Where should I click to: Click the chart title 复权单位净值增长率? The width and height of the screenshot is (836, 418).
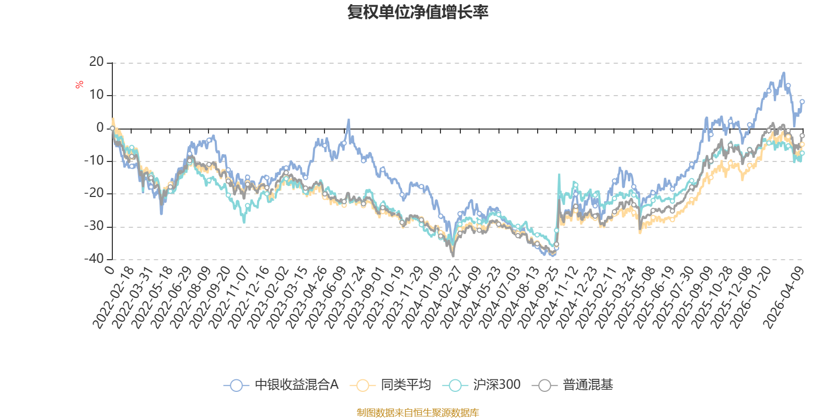[417, 12]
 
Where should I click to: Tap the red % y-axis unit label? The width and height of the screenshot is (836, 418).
[79, 84]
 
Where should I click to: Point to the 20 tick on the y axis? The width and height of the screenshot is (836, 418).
[97, 62]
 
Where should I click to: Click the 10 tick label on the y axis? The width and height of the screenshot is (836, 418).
[97, 95]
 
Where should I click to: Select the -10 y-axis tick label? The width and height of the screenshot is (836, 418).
[94, 161]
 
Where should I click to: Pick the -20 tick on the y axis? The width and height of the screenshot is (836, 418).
[94, 193]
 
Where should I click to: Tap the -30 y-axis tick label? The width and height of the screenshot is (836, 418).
[94, 226]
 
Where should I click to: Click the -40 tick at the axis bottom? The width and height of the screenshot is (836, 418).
[94, 259]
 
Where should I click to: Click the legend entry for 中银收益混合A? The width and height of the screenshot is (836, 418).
[282, 385]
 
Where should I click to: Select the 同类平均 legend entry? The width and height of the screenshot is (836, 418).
[392, 385]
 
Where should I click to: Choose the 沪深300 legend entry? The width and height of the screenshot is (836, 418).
[483, 385]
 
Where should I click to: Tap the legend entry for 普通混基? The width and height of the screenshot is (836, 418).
[574, 385]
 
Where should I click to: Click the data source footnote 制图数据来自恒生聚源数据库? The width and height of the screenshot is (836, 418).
[417, 413]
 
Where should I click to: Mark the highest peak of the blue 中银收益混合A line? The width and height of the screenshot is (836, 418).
[784, 73]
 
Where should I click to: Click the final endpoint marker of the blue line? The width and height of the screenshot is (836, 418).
[802, 101]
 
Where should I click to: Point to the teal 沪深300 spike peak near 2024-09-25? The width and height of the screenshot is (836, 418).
[559, 175]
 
